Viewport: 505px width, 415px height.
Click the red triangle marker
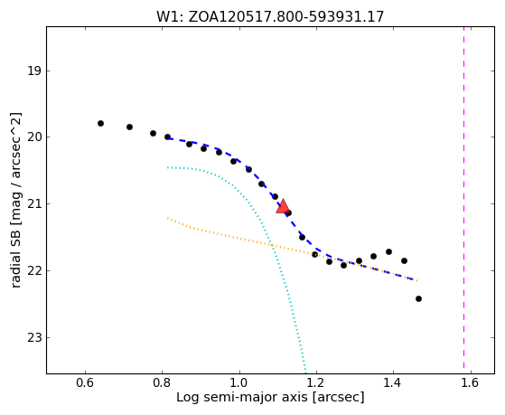tap(283, 207)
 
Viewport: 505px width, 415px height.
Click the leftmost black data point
tap(100, 123)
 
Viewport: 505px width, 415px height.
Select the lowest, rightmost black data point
tap(418, 299)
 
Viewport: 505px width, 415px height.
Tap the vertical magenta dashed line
tap(463, 198)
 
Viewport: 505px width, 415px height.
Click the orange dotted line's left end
tap(168, 218)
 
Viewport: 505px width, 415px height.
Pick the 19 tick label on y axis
tap(33, 71)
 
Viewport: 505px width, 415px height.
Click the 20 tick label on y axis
tap(33, 137)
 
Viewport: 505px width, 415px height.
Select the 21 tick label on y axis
tap(33, 203)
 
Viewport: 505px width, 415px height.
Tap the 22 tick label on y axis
tap(33, 270)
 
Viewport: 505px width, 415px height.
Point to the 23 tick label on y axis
tap(33, 337)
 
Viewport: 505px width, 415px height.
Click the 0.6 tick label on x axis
tap(85, 382)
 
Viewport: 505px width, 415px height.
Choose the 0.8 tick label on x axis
tap(162, 382)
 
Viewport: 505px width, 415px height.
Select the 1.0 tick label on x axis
tap(239, 382)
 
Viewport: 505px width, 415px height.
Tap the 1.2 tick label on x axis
tap(316, 382)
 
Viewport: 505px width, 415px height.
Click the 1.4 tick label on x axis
tap(393, 382)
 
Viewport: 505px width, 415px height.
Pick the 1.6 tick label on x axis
tap(471, 382)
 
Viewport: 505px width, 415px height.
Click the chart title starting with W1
tap(270, 16)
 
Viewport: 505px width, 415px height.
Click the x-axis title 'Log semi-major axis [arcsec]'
tap(270, 398)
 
